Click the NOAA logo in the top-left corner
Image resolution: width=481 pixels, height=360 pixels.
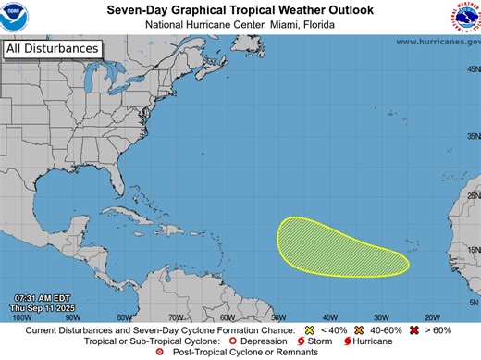coord(18,18)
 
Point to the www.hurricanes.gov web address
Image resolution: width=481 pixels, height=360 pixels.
coord(438,42)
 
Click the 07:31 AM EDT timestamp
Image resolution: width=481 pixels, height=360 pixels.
coord(33,297)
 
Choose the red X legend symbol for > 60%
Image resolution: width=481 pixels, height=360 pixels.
coord(417,330)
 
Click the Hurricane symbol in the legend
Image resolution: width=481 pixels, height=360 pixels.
coord(348,341)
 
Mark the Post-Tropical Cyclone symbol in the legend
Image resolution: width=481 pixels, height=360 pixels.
coord(162,353)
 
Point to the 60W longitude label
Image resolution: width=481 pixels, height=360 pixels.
coord(226,317)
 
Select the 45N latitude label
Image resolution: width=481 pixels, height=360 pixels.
coord(472,70)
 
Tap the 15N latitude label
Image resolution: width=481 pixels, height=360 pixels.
coord(472,250)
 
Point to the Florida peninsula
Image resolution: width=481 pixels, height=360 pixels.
coord(126,199)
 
